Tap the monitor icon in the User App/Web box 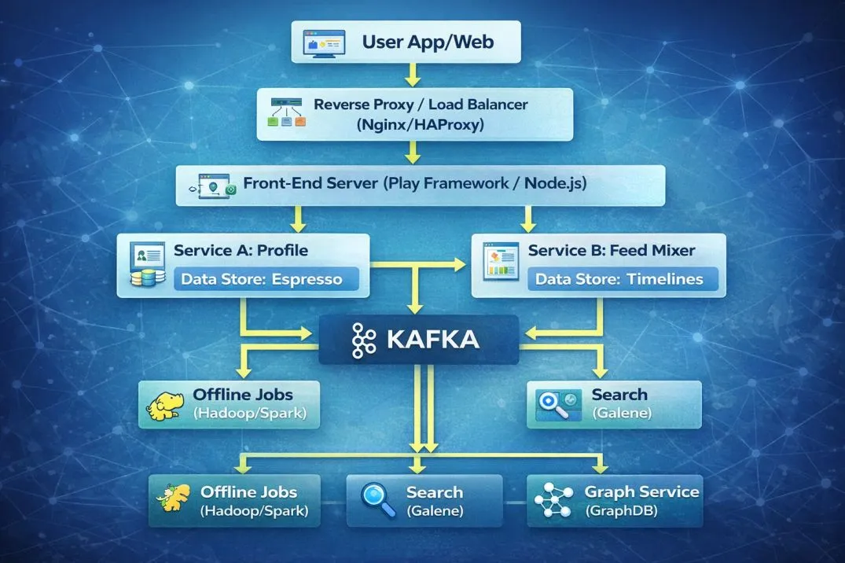click(324, 42)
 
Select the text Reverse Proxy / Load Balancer click(421, 105)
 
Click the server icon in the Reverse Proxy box click(286, 113)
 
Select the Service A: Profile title click(241, 251)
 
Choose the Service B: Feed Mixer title click(612, 251)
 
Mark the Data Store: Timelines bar click(623, 279)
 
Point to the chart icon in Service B click(501, 263)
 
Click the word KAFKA click(433, 340)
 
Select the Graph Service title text click(641, 491)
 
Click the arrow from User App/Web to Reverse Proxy click(410, 75)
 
